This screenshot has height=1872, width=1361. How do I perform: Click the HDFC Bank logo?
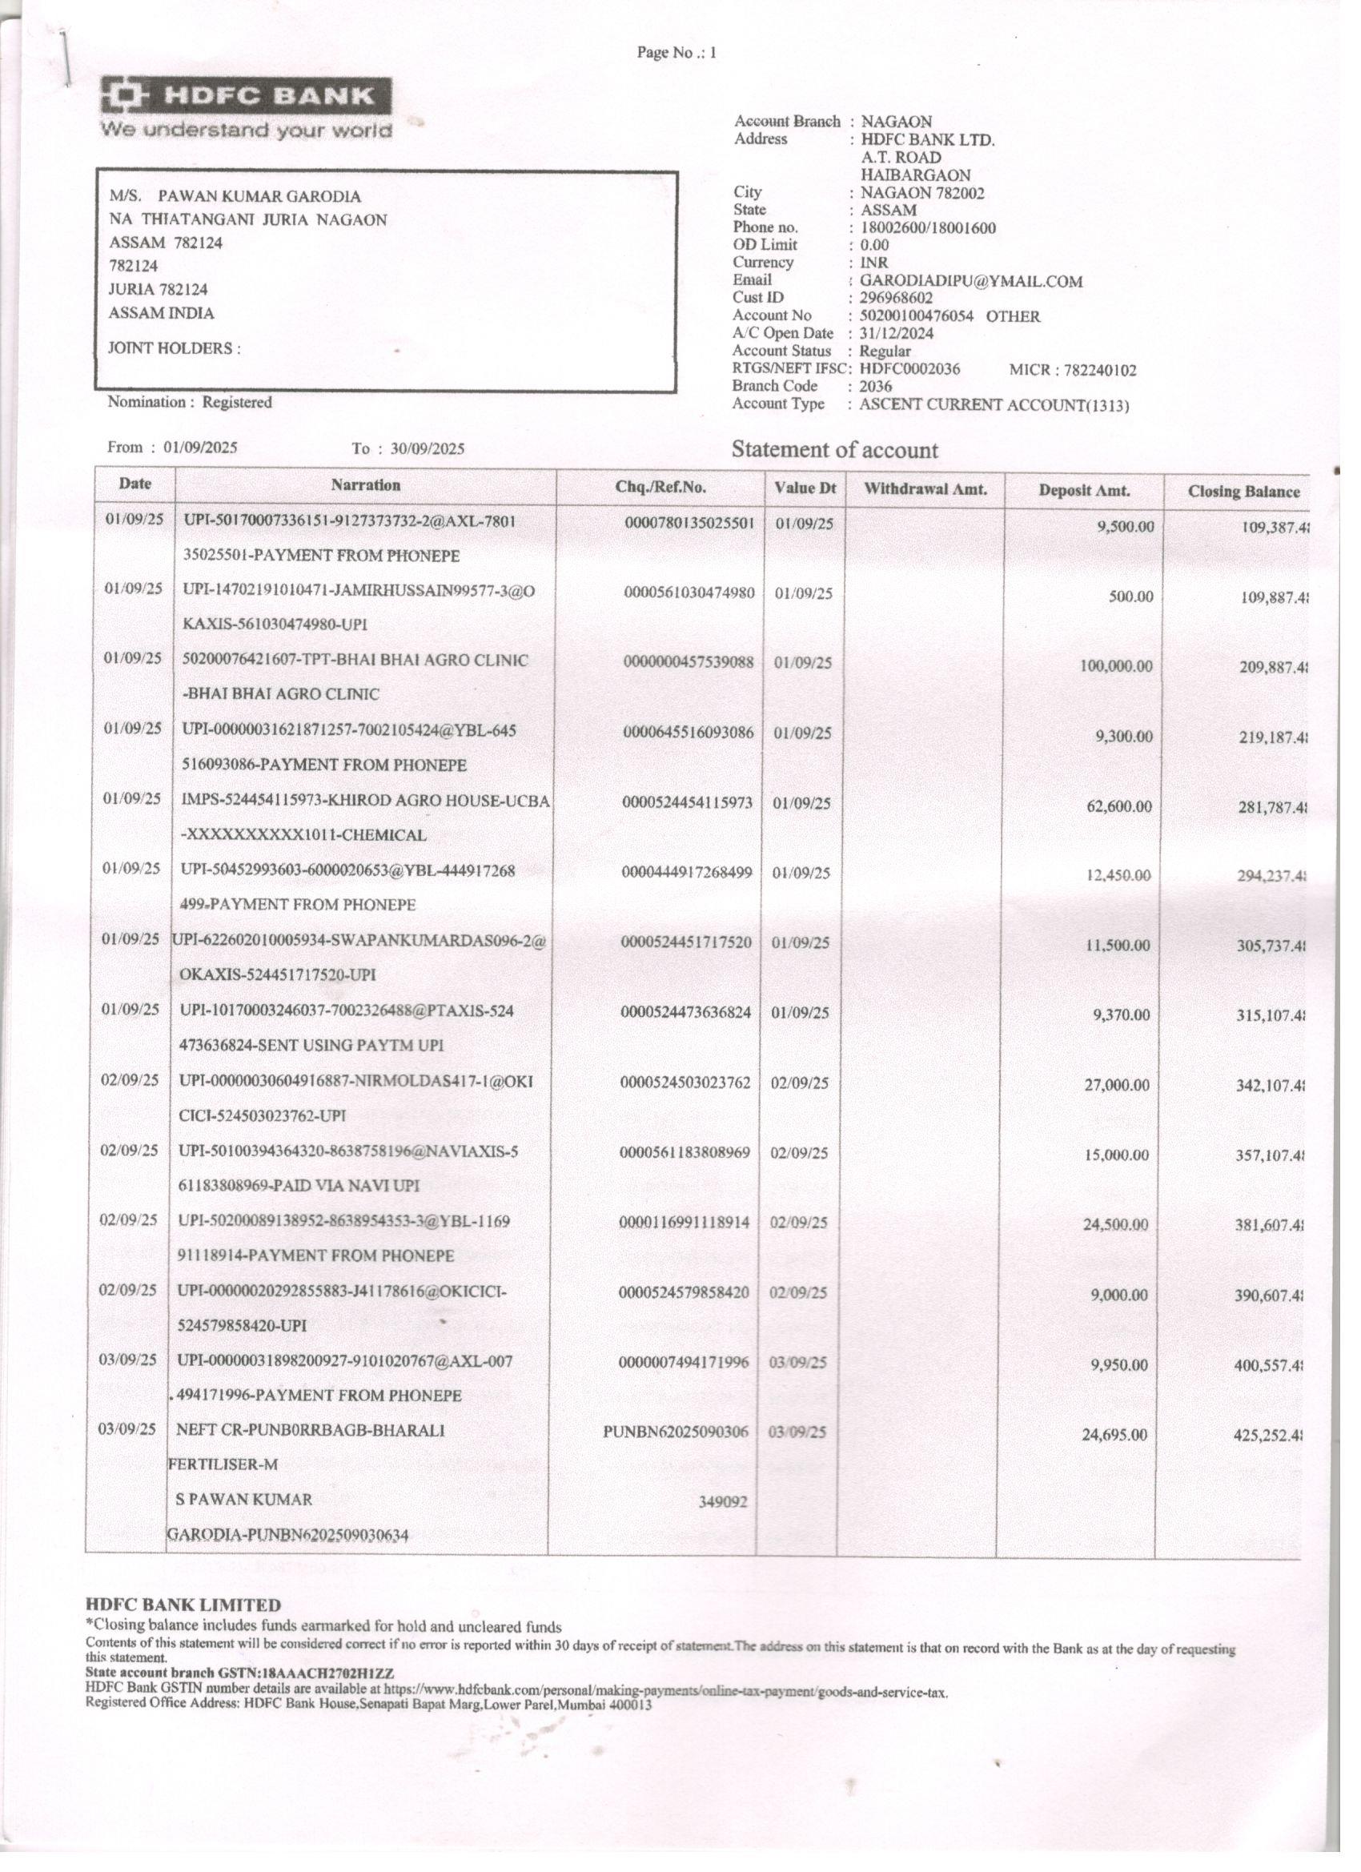pyautogui.click(x=246, y=97)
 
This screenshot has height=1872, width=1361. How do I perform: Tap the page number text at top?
pyautogui.click(x=676, y=53)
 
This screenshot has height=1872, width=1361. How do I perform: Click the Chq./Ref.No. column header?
pyautogui.click(x=660, y=487)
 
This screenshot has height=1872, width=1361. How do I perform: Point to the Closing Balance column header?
pyautogui.click(x=1243, y=492)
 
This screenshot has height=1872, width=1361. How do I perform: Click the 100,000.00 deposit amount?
pyautogui.click(x=1116, y=666)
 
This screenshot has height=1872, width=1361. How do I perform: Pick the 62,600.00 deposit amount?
pyautogui.click(x=1119, y=805)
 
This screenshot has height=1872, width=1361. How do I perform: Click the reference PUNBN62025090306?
pyautogui.click(x=675, y=1432)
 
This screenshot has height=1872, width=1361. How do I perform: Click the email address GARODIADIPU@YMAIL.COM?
pyautogui.click(x=970, y=282)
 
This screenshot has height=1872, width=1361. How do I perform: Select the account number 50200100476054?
pyautogui.click(x=916, y=316)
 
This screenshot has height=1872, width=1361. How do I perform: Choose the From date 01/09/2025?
pyautogui.click(x=201, y=448)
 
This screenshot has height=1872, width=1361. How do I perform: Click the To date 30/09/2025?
pyautogui.click(x=428, y=449)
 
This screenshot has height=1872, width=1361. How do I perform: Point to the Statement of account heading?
pyautogui.click(x=834, y=450)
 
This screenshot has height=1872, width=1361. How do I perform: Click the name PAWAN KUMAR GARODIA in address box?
pyautogui.click(x=259, y=196)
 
